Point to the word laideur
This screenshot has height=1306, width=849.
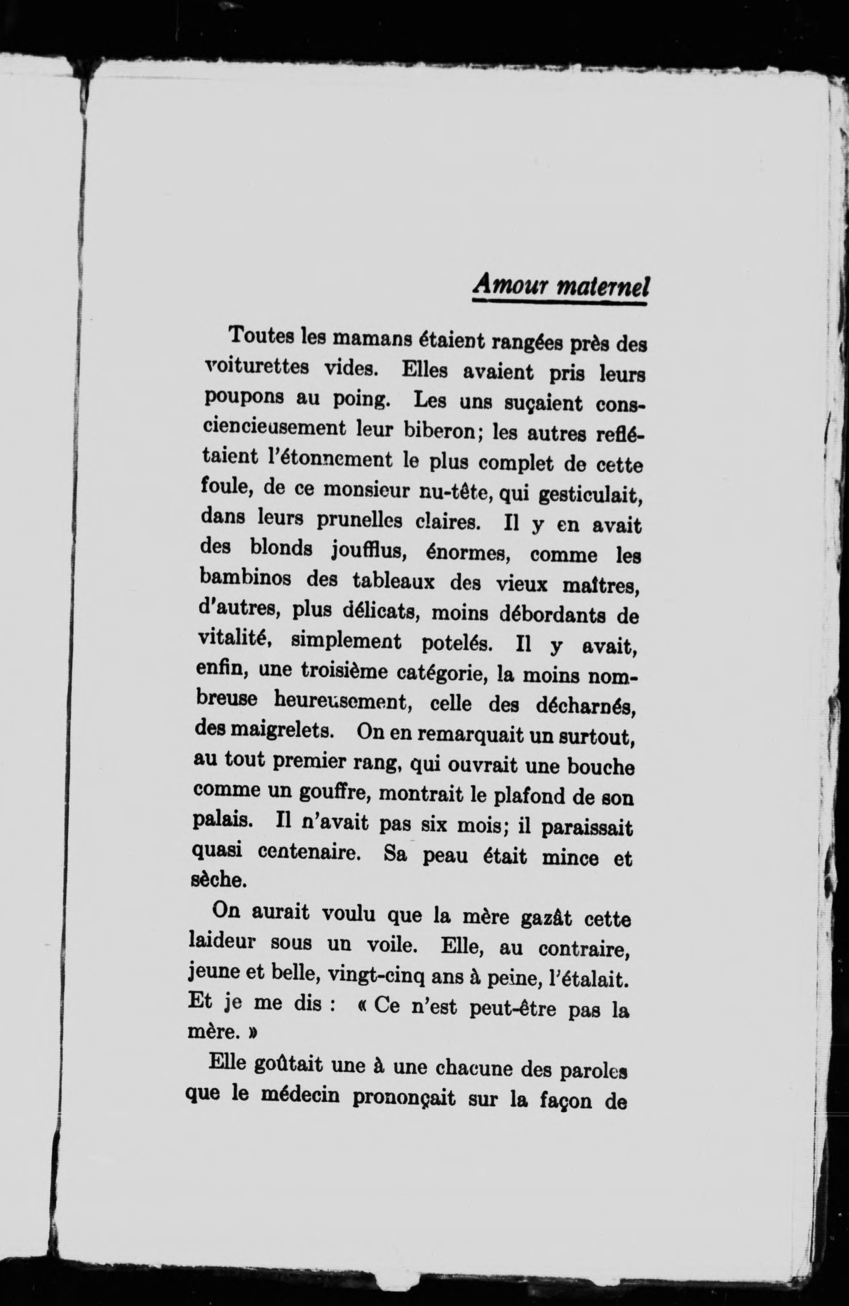coord(222,942)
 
